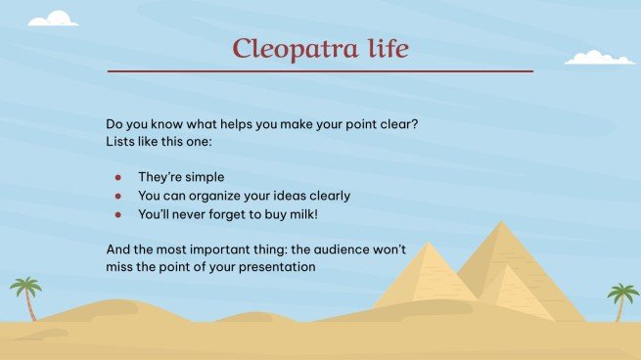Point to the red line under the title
[x=320, y=71]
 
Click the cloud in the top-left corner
[x=53, y=18]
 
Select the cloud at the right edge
[x=599, y=57]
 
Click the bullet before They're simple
[x=117, y=178]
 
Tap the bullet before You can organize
[x=117, y=196]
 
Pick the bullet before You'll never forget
[x=117, y=213]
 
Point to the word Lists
[x=121, y=142]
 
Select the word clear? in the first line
[x=410, y=124]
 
